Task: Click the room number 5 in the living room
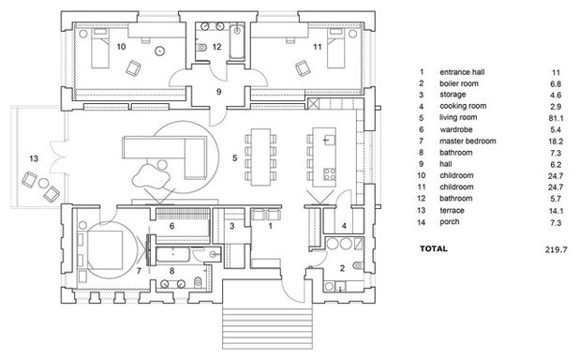235,158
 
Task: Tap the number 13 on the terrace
34,158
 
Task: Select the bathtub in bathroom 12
237,40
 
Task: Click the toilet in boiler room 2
358,265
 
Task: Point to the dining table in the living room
260,157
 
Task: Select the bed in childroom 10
100,48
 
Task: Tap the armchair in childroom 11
303,68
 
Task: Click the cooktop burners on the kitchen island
330,174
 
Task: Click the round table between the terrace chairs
44,183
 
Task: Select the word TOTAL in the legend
434,248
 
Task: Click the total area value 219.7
556,249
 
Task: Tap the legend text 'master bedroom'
468,141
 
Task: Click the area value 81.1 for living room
556,118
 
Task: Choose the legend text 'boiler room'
459,83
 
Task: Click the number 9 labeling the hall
218,91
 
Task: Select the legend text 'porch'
450,222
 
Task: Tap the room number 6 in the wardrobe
171,225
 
